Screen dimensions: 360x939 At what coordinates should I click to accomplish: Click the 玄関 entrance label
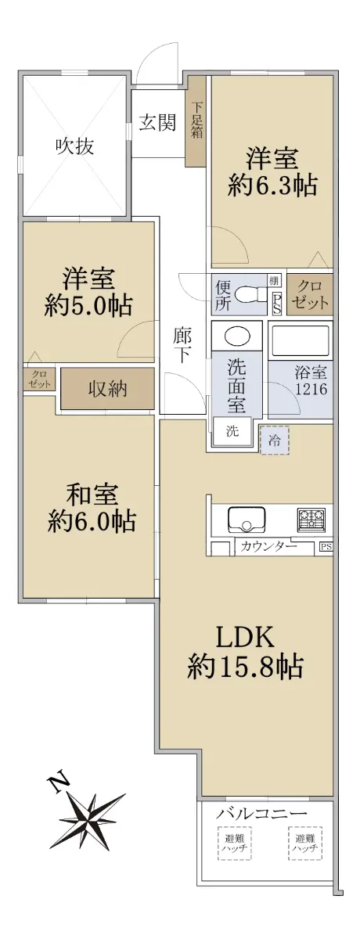[157, 122]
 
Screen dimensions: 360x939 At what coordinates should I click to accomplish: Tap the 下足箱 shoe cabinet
[196, 121]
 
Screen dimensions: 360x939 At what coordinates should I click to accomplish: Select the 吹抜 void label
[75, 146]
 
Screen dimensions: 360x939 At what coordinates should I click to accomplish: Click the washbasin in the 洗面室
[237, 336]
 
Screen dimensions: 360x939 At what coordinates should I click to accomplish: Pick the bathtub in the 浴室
[301, 340]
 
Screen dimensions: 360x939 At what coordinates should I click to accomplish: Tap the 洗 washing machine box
[232, 432]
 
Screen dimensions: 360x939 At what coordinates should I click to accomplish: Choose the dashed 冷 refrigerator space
[275, 440]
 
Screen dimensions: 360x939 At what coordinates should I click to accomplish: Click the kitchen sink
[247, 519]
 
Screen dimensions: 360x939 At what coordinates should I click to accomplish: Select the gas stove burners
[311, 518]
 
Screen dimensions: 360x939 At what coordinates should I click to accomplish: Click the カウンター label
[268, 547]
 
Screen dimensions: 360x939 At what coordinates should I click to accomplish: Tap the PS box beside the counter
[326, 547]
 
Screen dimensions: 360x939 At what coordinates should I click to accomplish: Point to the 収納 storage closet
[107, 389]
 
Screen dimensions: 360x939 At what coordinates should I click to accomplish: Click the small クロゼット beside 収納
[39, 380]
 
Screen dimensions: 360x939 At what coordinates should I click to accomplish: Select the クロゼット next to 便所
[310, 295]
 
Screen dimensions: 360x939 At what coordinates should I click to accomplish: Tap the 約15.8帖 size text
[245, 666]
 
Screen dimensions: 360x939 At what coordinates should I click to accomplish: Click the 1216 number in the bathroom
[311, 390]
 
